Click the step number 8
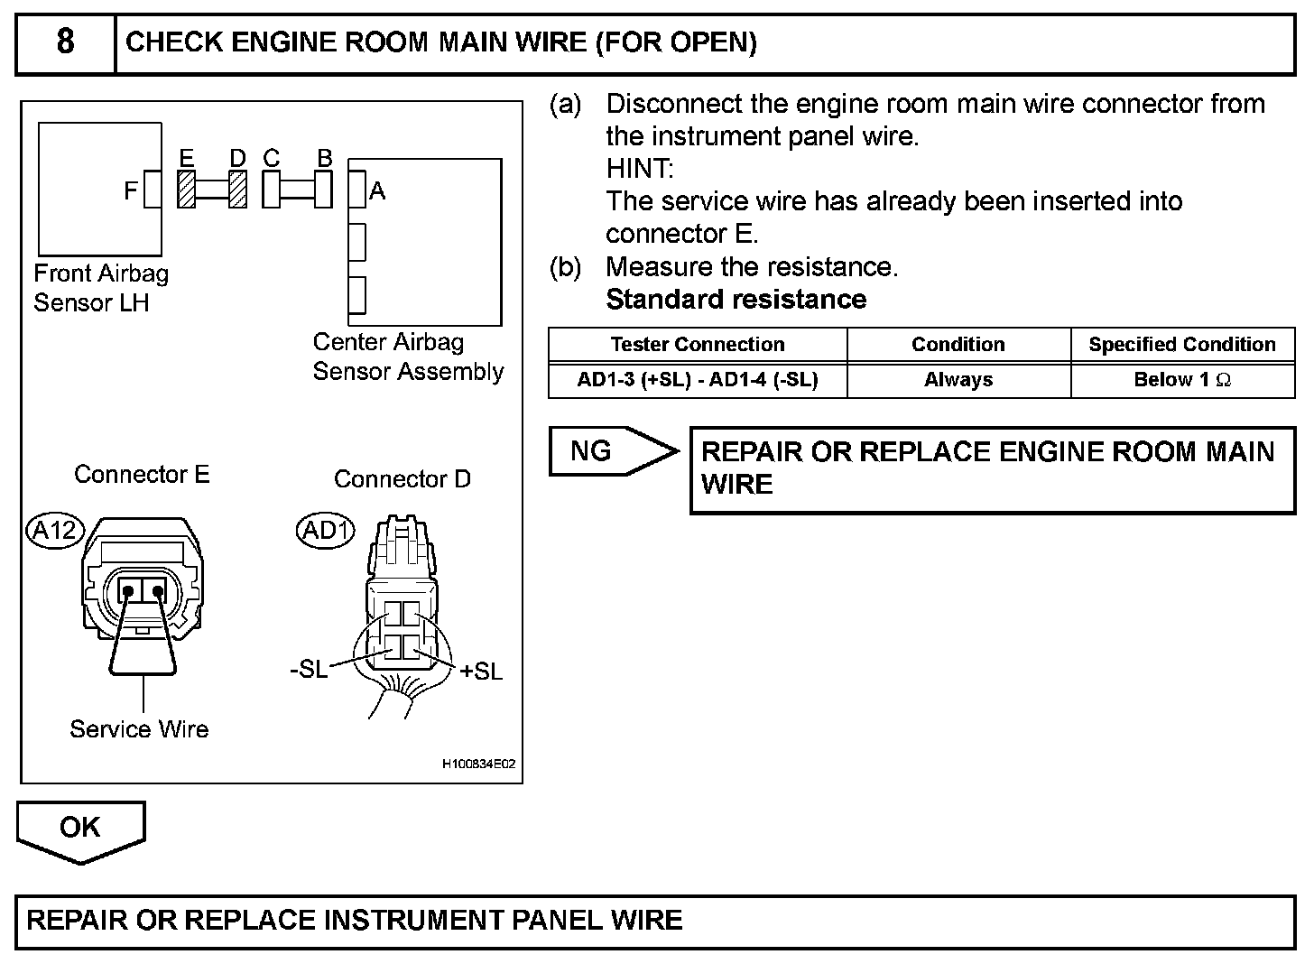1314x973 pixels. [66, 42]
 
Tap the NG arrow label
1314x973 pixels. [592, 450]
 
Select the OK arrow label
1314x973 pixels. [79, 828]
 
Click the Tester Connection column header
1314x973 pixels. [697, 345]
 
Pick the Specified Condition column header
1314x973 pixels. [1182, 345]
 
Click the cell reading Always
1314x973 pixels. [958, 380]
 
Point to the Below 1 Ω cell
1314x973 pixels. [1182, 380]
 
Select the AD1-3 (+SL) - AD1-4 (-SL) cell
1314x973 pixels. [697, 380]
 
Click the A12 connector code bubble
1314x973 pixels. [54, 531]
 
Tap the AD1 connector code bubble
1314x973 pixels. [326, 531]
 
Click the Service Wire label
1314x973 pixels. [139, 729]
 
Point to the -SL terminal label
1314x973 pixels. [309, 672]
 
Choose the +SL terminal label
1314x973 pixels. [481, 672]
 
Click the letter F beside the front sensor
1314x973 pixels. [131, 191]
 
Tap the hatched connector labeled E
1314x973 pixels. [187, 190]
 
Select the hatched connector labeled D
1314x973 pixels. [237, 190]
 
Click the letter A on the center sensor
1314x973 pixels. [377, 191]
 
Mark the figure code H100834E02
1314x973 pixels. [478, 764]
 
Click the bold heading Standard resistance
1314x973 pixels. [736, 300]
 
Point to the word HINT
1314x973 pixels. [640, 169]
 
